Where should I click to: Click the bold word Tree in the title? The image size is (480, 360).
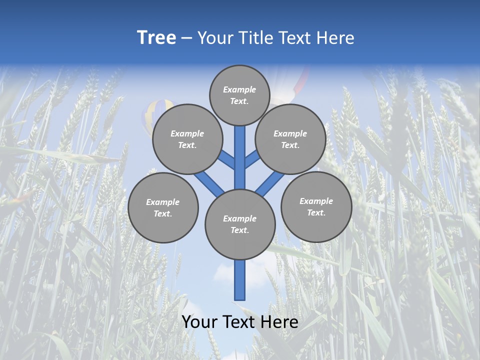pyautogui.click(x=156, y=38)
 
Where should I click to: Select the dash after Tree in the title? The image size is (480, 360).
pyautogui.click(x=186, y=38)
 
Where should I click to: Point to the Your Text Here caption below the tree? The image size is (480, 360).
pyautogui.click(x=240, y=322)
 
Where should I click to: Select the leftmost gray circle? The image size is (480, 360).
pyautogui.click(x=163, y=208)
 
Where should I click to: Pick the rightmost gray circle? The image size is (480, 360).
pyautogui.click(x=316, y=207)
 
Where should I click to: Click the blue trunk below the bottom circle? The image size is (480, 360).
pyautogui.click(x=240, y=280)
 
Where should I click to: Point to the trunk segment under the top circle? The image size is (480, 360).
pyautogui.click(x=240, y=155)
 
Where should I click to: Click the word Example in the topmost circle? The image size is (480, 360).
pyautogui.click(x=239, y=90)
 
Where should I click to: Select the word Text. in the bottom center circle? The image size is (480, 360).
pyautogui.click(x=239, y=230)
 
